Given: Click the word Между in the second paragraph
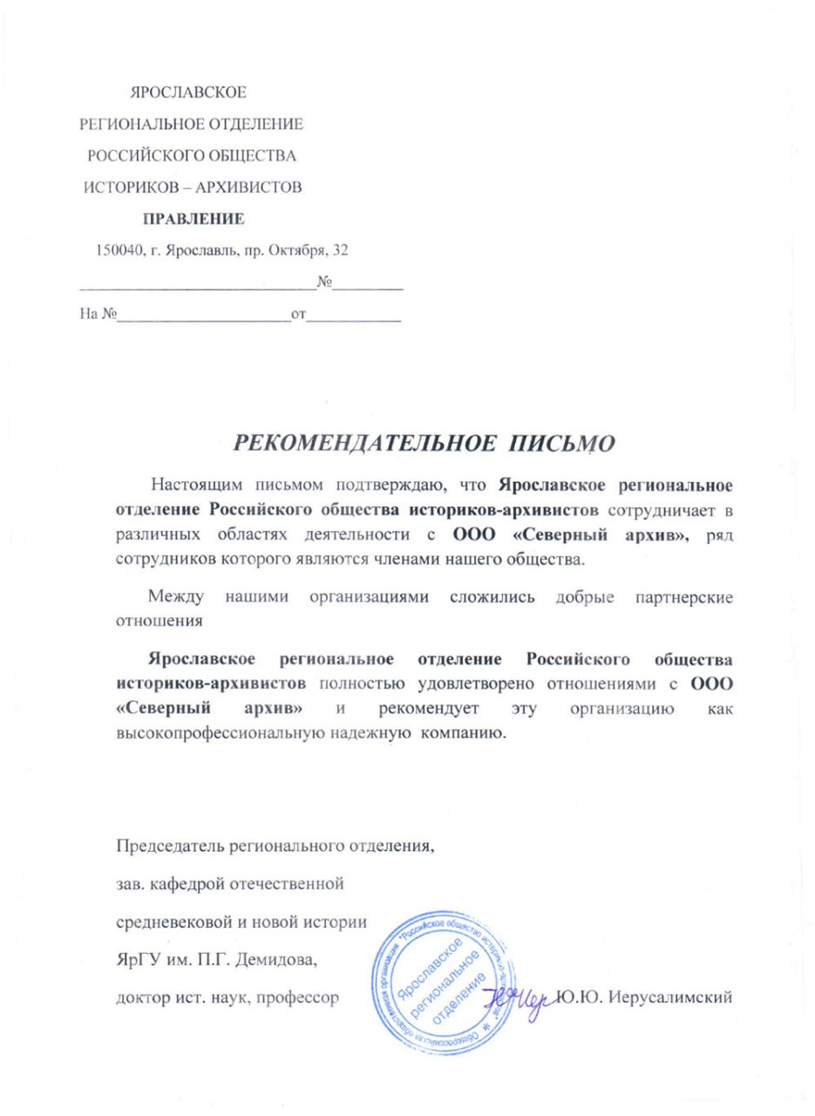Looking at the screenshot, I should (x=176, y=597).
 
